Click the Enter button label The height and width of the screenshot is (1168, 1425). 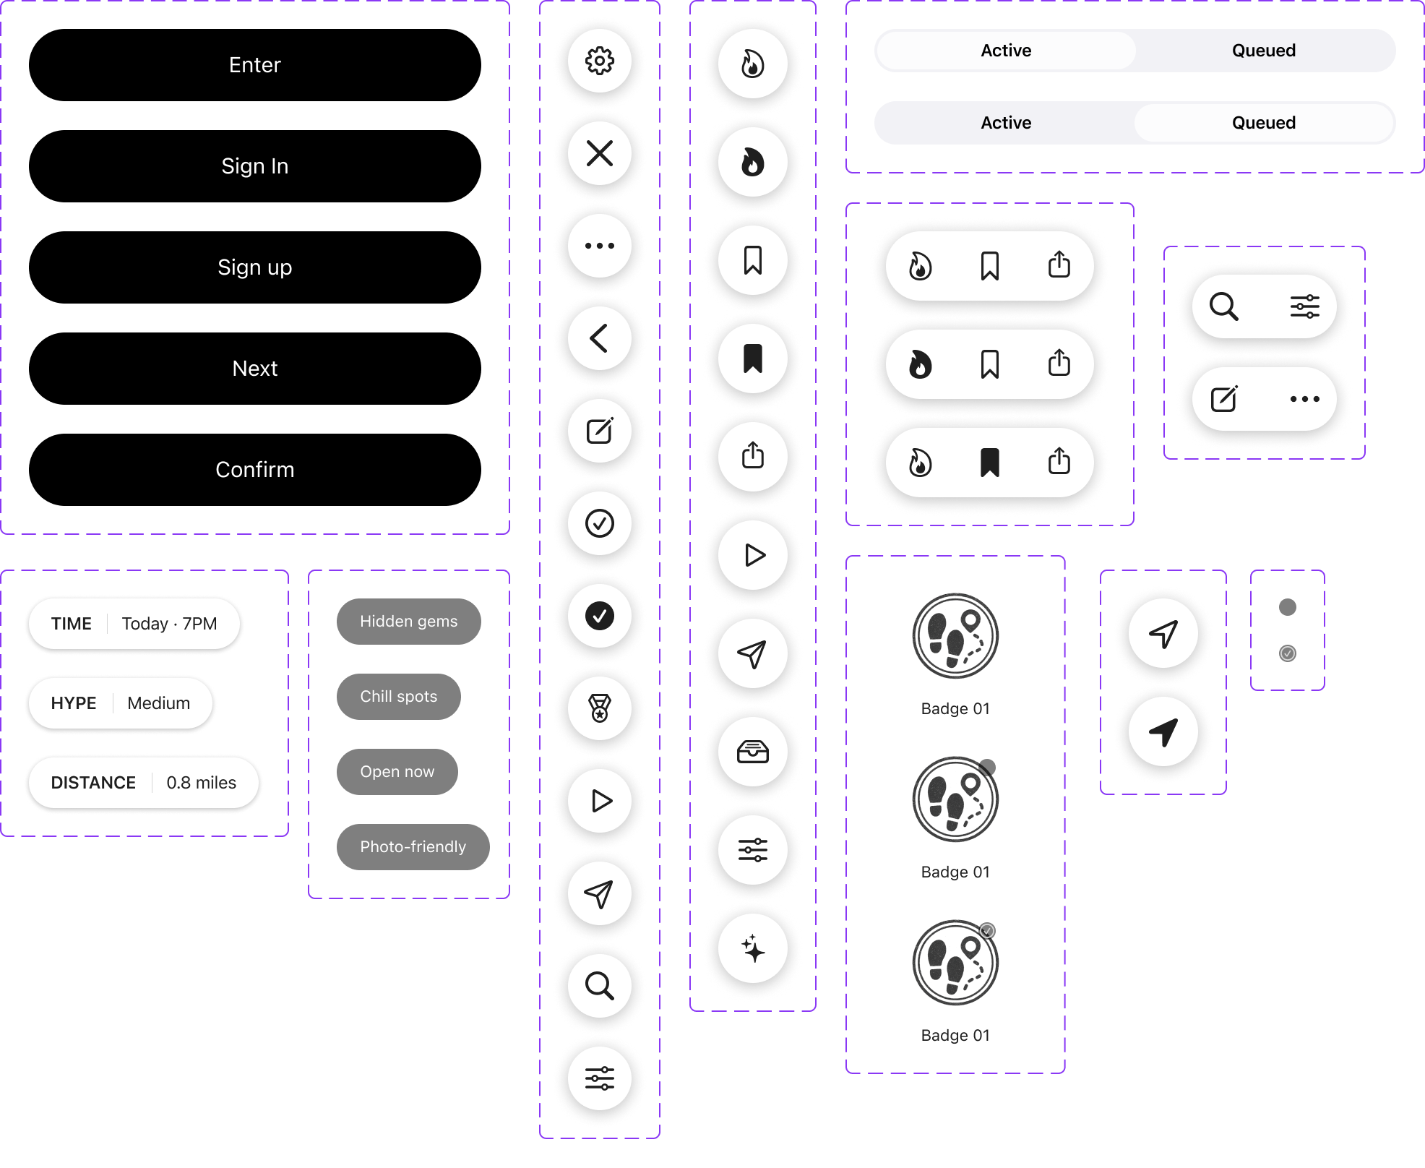tap(254, 65)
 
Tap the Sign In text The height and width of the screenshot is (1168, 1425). tap(254, 166)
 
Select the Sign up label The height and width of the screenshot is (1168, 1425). tap(254, 267)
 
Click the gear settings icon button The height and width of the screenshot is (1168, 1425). tap(600, 61)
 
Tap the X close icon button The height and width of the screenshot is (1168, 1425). tap(600, 153)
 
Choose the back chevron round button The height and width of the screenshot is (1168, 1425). tap(600, 338)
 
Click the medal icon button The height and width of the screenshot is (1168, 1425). tap(600, 708)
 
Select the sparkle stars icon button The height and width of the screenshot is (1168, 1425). tap(753, 948)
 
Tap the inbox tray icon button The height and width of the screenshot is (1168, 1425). tap(753, 752)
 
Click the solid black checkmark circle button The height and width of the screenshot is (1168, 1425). tap(600, 616)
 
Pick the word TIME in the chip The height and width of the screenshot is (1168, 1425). tap(72, 624)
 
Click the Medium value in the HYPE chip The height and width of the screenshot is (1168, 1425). tap(159, 703)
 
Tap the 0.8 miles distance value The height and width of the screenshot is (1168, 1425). tap(202, 783)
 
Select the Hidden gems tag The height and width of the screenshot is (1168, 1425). tap(409, 622)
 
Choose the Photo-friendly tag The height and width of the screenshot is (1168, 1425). tap(413, 847)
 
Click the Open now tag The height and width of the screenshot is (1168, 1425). tap(397, 772)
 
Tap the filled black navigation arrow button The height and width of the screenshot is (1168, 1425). tap(1163, 733)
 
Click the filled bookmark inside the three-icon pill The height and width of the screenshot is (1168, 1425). tap(990, 463)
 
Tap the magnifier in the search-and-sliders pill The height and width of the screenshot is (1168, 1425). tap(1224, 306)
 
